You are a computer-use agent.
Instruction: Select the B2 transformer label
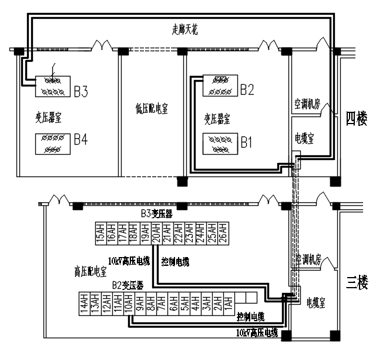point(247,89)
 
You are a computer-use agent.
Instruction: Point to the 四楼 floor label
point(356,119)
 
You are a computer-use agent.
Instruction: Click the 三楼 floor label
point(356,282)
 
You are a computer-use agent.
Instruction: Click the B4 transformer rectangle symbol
point(53,144)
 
